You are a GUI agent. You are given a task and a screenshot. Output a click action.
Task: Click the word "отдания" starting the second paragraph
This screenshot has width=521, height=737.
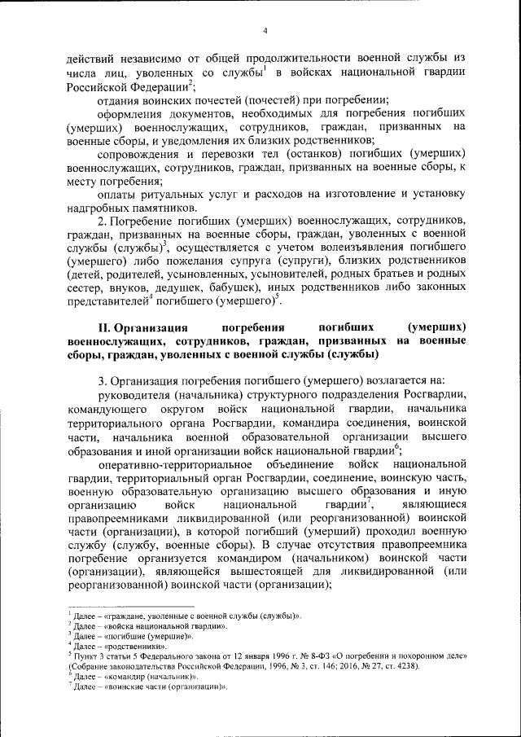click(119, 101)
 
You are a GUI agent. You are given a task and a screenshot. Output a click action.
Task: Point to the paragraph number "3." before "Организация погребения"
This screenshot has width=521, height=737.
click(102, 379)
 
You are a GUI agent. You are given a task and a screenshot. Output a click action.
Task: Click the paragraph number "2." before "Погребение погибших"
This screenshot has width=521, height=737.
click(102, 220)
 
